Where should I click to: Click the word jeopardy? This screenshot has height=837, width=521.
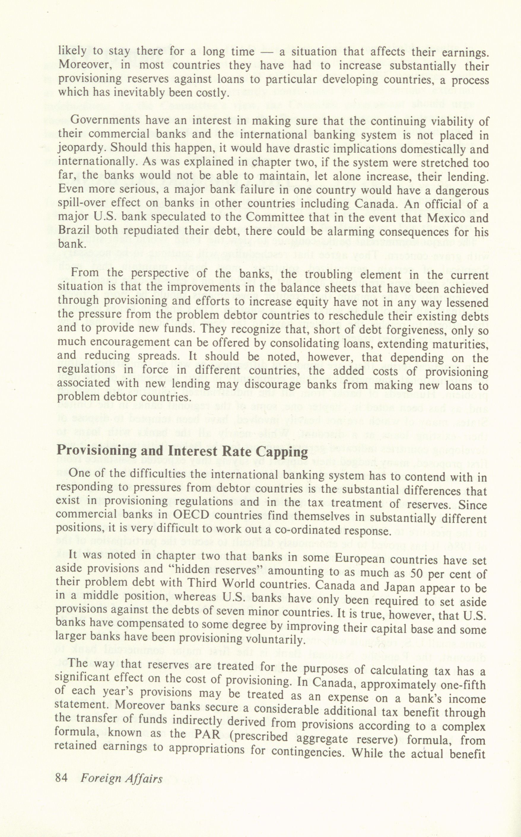tap(79, 149)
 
